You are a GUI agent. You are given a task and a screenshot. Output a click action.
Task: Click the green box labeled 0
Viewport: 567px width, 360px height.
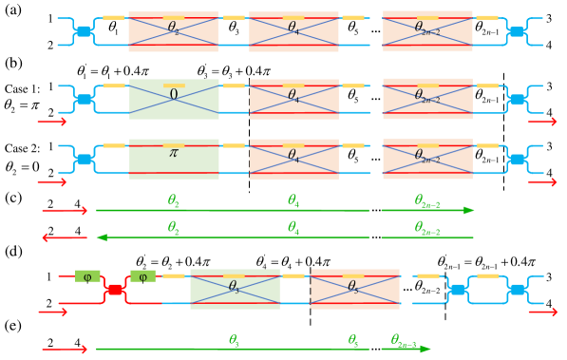[173, 99]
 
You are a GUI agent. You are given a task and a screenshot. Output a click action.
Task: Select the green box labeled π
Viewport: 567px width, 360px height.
[173, 159]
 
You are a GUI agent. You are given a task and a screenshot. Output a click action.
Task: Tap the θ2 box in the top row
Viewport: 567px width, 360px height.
[173, 31]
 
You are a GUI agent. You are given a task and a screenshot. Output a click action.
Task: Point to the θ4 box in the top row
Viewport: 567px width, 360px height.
[293, 31]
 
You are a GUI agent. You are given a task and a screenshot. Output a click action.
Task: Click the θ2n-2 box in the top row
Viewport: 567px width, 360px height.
[427, 31]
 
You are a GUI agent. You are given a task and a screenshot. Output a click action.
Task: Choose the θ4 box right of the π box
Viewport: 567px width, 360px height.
[293, 159]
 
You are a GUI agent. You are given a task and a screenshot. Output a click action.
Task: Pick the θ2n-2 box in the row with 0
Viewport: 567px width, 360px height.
[427, 99]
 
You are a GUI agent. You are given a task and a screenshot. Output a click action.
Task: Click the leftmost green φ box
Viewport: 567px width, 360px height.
[87, 276]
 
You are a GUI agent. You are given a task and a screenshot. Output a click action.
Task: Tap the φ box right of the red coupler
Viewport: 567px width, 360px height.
[142, 276]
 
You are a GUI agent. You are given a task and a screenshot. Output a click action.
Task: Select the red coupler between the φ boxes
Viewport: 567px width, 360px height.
[115, 290]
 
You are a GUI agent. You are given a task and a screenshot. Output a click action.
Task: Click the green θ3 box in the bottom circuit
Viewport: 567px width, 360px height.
[235, 289]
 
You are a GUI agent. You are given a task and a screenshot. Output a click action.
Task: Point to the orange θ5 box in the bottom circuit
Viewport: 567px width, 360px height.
[354, 289]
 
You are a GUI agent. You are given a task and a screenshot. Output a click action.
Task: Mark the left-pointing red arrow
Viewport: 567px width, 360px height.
[64, 237]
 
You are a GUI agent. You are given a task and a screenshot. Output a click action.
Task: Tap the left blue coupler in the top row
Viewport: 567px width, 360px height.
[84, 31]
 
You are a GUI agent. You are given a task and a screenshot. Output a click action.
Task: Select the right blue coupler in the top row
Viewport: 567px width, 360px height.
[517, 31]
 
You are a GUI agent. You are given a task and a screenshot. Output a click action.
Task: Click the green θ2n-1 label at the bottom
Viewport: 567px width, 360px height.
[404, 339]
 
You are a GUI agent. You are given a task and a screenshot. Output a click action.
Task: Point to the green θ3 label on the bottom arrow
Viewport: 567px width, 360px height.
[234, 339]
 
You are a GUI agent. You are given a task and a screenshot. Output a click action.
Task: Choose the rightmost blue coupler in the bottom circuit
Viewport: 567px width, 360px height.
[518, 289]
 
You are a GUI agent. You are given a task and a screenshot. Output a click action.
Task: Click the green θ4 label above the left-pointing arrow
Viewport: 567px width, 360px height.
[293, 228]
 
